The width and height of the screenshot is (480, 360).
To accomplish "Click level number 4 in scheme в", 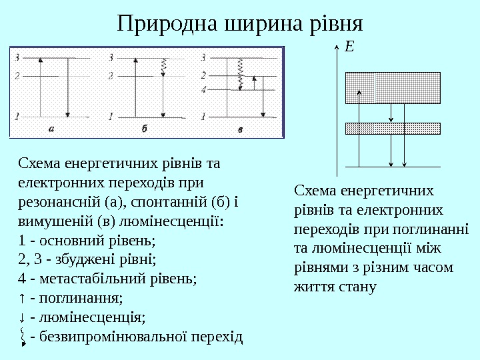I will tap(203, 89).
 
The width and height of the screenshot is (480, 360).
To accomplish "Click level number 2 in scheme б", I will tap(111, 75).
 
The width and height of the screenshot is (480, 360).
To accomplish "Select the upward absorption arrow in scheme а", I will tap(41, 87).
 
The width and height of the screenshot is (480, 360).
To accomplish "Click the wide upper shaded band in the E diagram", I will tap(393, 87).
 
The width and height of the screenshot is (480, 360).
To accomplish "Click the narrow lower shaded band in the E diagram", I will tap(393, 129).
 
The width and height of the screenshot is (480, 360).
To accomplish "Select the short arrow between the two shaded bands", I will tap(391, 113).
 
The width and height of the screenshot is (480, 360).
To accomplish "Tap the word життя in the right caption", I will tap(312, 287).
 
